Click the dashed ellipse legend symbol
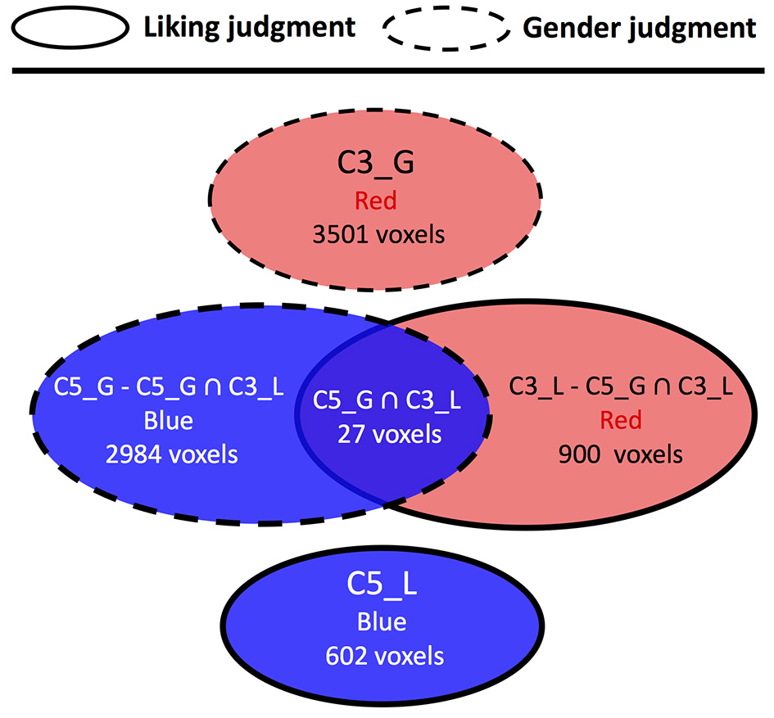pyautogui.click(x=446, y=27)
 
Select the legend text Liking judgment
pyautogui.click(x=250, y=27)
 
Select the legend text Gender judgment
pyautogui.click(x=639, y=27)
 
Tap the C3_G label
pyautogui.click(x=377, y=164)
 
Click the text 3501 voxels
pyautogui.click(x=378, y=235)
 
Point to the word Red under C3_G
pyautogui.click(x=377, y=201)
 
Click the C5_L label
pyautogui.click(x=382, y=585)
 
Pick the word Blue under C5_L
pyautogui.click(x=382, y=621)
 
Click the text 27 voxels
pyautogui.click(x=389, y=434)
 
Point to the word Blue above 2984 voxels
pyautogui.click(x=169, y=421)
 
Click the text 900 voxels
pyautogui.click(x=621, y=454)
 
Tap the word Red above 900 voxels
pyautogui.click(x=620, y=421)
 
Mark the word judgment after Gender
pyautogui.click(x=696, y=27)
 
